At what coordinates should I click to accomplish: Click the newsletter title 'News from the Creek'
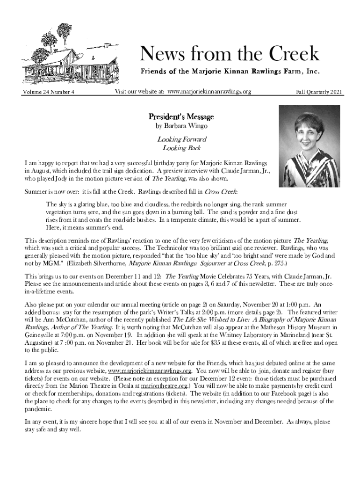[x=229, y=54]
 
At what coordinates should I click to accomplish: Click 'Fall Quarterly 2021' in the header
[x=319, y=92]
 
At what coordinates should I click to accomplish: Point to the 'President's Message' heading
[x=181, y=116]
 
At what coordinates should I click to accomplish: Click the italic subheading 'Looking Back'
[x=181, y=148]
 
